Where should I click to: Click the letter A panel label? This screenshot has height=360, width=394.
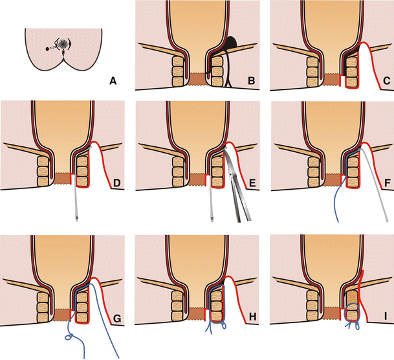(x=113, y=81)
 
